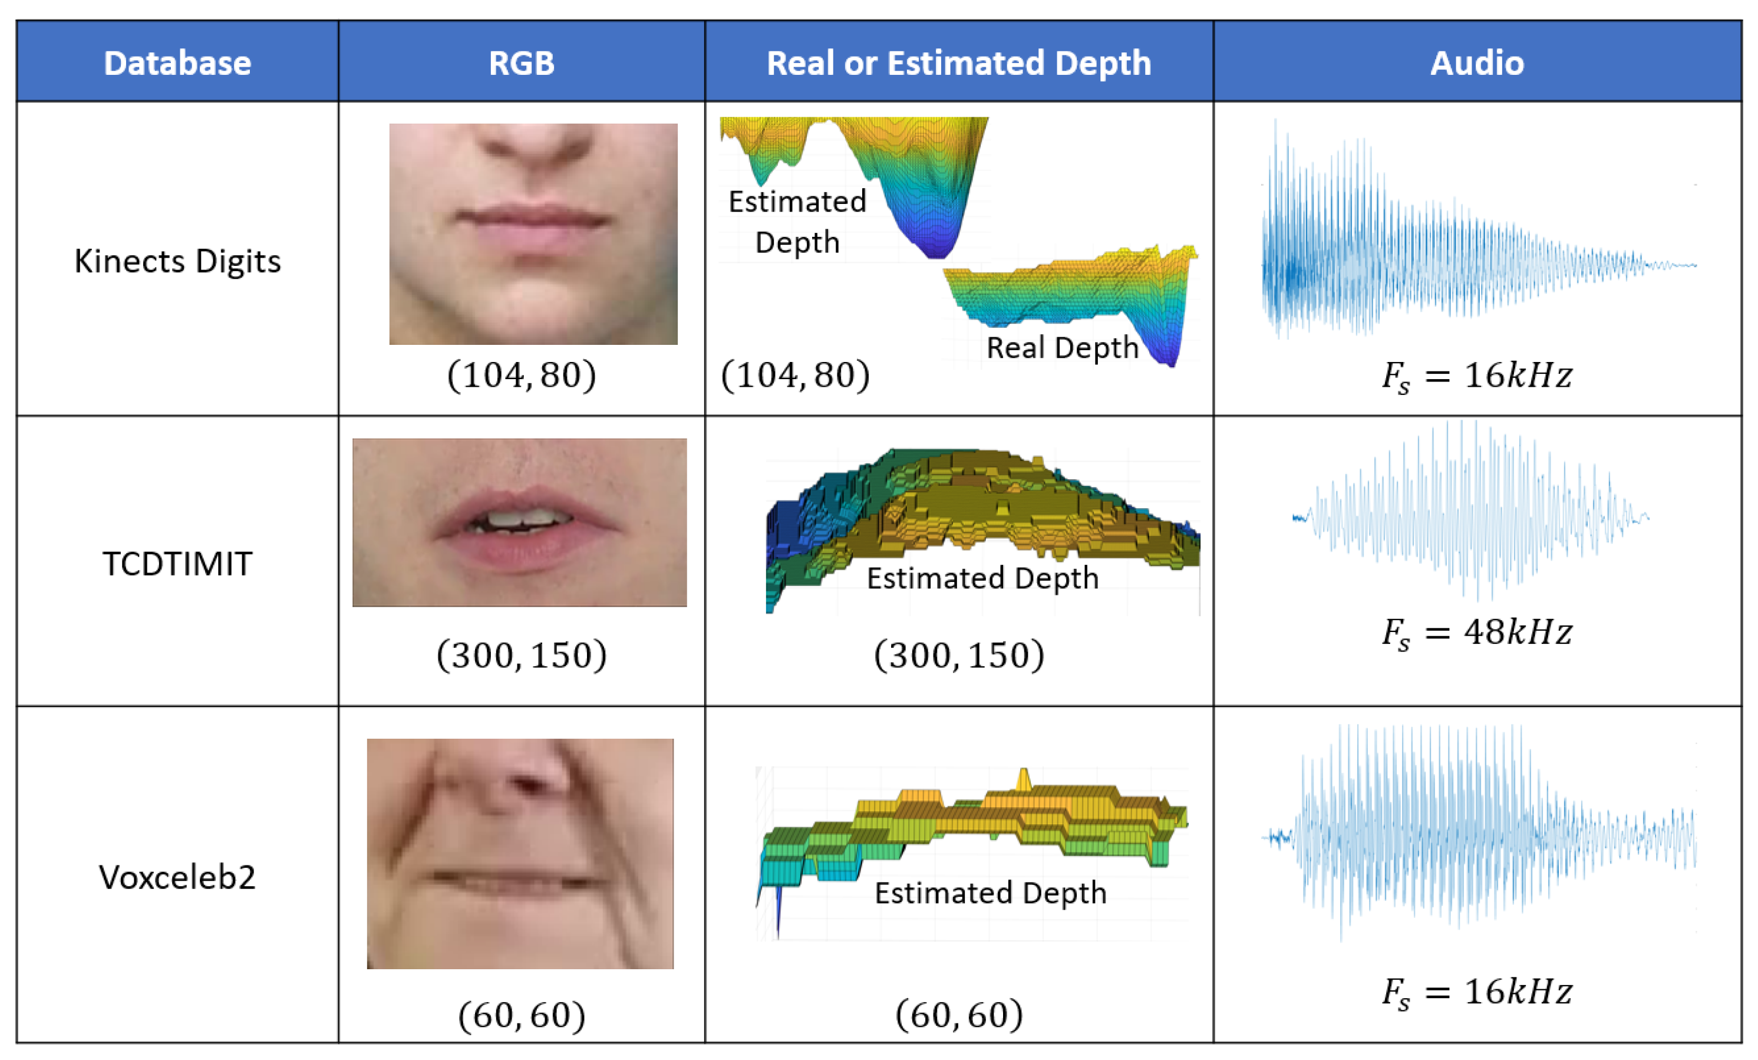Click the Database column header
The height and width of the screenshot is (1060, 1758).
177,63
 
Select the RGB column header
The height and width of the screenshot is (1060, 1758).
521,63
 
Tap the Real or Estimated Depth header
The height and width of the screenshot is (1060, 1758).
958,63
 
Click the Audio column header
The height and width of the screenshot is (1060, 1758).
1476,63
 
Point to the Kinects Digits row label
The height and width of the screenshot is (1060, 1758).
177,261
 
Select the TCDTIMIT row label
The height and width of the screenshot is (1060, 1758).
177,564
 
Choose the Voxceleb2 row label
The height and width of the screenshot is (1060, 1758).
177,877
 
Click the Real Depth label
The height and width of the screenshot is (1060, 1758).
1061,348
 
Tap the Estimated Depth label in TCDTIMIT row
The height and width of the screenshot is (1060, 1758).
982,578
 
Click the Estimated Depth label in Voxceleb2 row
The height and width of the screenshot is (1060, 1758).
990,893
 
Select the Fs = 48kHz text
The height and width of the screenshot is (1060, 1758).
1476,633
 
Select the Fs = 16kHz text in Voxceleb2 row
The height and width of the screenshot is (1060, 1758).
1476,992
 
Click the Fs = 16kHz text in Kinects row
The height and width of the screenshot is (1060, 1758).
1476,376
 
